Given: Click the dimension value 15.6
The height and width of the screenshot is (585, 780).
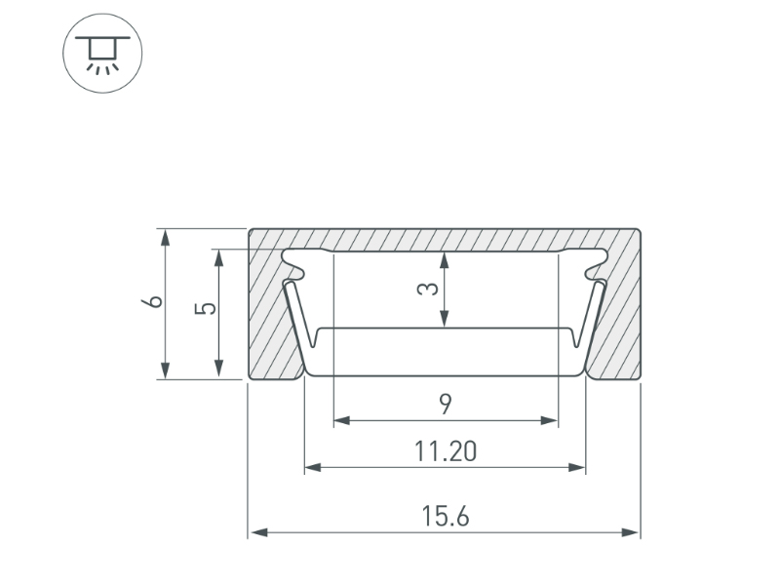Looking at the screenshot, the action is click(x=446, y=516).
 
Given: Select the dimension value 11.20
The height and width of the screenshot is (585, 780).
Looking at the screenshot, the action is click(x=446, y=451).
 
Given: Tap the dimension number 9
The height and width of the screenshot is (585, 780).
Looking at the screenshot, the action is click(x=446, y=404).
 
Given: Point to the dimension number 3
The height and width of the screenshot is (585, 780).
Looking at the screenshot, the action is click(x=427, y=289).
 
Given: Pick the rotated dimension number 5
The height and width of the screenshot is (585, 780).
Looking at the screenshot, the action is click(x=206, y=308).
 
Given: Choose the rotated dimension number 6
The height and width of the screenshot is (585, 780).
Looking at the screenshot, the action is click(x=152, y=301).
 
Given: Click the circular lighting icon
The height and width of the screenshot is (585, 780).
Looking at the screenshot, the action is click(x=102, y=54).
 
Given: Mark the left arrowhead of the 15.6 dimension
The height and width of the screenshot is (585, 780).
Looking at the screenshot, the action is click(x=259, y=532).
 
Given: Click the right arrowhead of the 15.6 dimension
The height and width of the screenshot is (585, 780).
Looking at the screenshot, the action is click(x=630, y=532).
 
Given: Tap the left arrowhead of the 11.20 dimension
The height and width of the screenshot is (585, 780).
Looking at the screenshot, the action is click(x=313, y=467).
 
